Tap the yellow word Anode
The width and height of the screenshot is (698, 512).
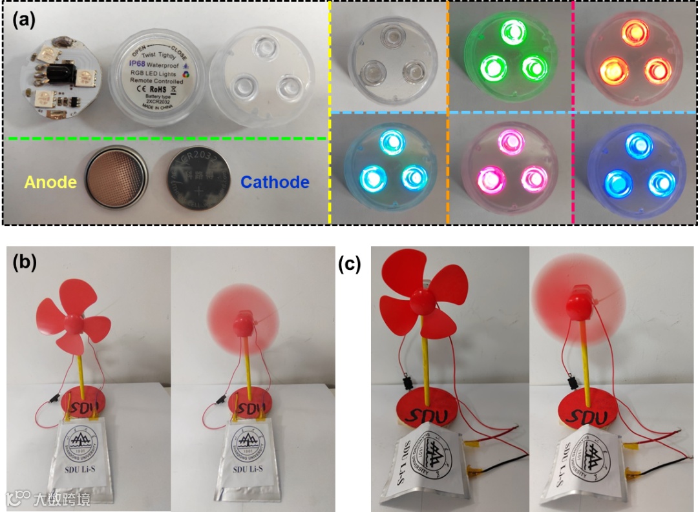[50, 183]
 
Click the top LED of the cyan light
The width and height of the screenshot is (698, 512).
[390, 140]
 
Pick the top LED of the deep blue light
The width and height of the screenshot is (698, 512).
[634, 143]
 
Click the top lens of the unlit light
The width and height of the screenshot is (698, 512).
[390, 34]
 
